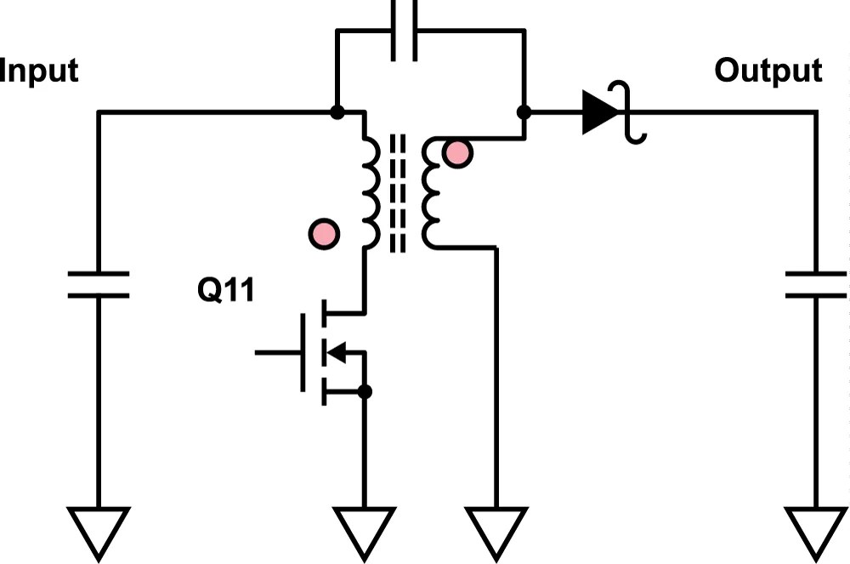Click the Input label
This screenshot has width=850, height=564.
pos(39,71)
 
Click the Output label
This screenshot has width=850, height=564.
pos(768,71)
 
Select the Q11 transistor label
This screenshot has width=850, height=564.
pos(225,291)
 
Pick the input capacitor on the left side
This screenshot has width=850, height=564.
pos(99,284)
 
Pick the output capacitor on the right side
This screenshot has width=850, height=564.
pos(816,284)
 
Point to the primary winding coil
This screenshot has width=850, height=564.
pos(371,191)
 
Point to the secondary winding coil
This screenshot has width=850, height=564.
pos(432,191)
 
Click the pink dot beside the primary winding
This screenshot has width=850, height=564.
pos(324,232)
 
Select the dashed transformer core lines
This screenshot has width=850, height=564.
pos(397,192)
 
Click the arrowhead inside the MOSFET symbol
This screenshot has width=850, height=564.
pos(337,351)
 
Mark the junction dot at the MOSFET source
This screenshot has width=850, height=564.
pos(365,392)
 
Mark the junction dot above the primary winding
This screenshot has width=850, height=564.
pos(337,111)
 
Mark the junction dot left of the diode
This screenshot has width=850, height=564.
pos(524,111)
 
